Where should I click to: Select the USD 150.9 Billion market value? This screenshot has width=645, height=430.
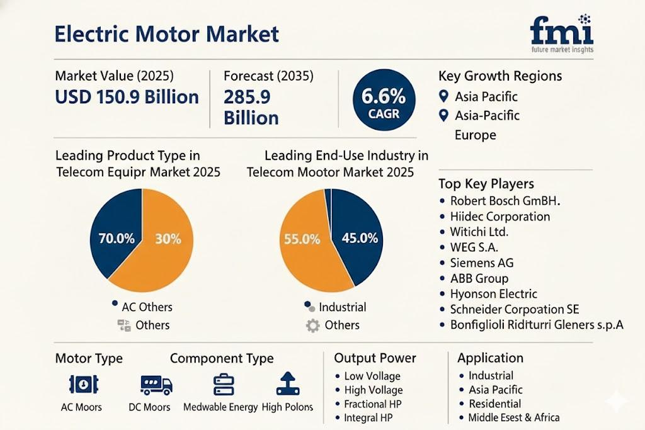[x=127, y=97]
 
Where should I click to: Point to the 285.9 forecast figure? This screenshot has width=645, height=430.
[x=247, y=97]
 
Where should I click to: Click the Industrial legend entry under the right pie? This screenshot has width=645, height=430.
[x=342, y=307]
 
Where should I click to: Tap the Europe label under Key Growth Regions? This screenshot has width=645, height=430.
[x=475, y=135]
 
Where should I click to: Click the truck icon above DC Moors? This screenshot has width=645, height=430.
[x=155, y=384]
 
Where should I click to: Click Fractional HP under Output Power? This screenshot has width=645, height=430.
[x=372, y=404]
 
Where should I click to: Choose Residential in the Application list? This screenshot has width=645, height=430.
[x=494, y=404]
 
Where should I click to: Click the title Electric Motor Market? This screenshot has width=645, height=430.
[x=166, y=34]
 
